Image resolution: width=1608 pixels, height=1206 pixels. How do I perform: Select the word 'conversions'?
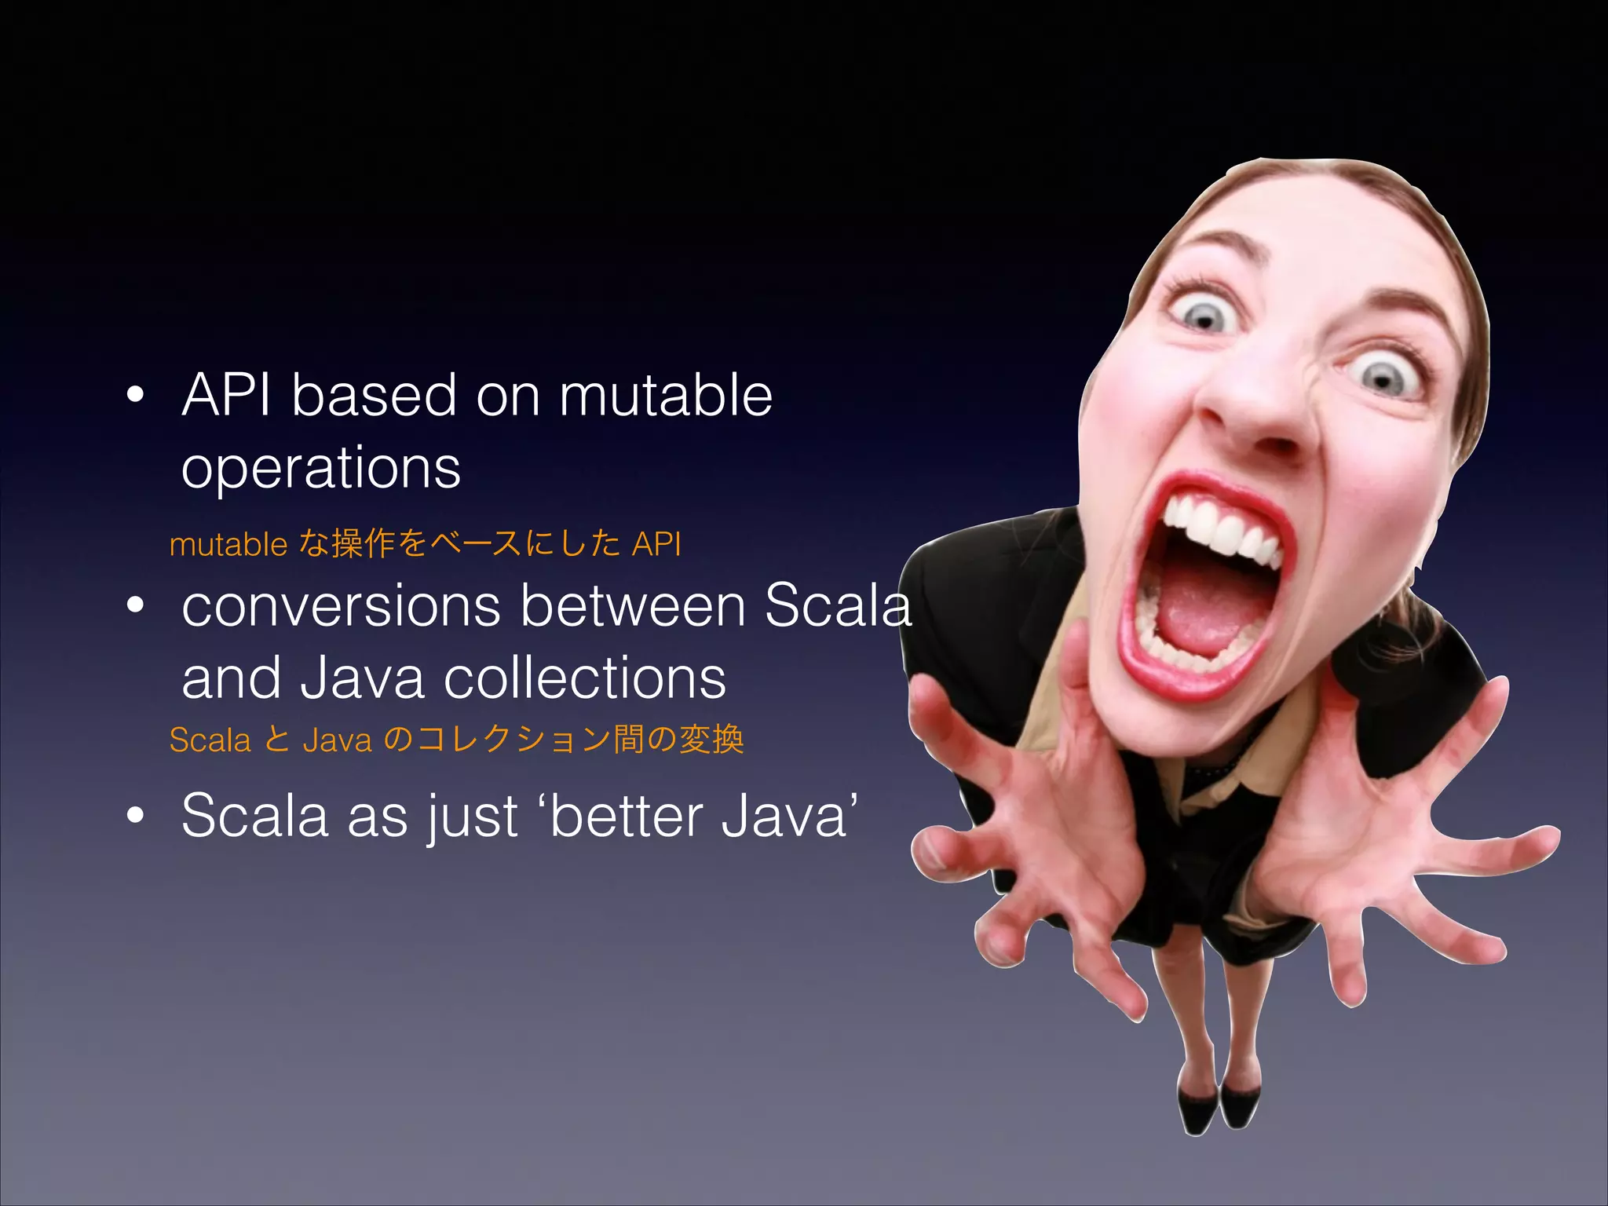coord(341,607)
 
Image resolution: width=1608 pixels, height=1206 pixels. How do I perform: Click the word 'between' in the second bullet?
coord(633,607)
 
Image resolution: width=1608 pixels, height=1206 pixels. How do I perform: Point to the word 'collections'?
coord(585,679)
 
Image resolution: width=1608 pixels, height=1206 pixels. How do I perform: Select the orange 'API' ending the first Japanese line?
coord(656,544)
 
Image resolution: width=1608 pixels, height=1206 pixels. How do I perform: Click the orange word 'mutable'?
coord(228,544)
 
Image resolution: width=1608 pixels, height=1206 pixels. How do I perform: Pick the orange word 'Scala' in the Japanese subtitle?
coord(210,740)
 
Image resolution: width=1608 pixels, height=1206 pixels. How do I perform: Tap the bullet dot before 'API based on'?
coord(136,395)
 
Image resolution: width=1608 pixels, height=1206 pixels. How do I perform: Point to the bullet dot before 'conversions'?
coord(136,605)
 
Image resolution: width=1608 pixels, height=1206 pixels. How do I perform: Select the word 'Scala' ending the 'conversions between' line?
coord(838,607)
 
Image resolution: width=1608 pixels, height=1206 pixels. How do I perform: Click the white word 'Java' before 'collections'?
coord(362,679)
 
